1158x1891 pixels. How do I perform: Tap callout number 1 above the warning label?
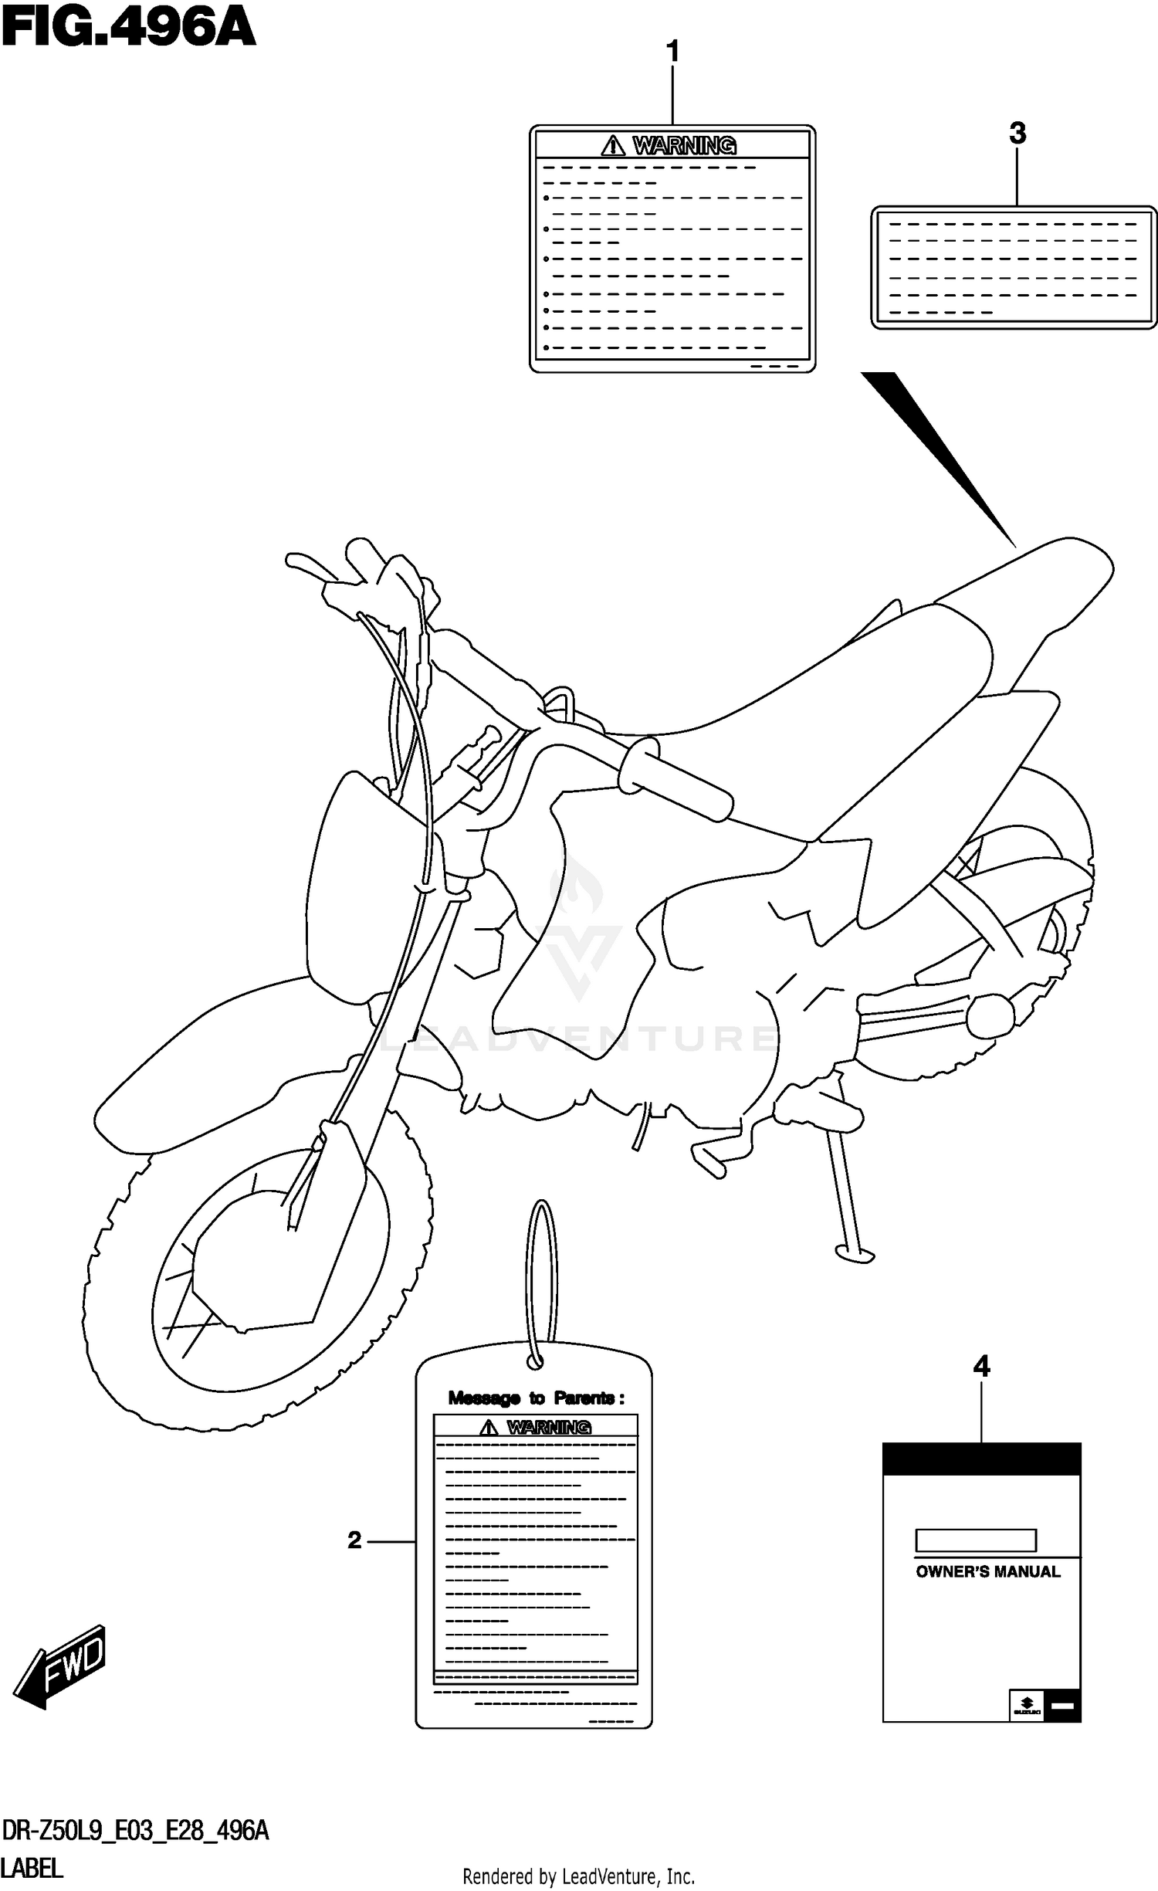pyautogui.click(x=672, y=53)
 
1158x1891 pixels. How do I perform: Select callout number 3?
pyautogui.click(x=1017, y=134)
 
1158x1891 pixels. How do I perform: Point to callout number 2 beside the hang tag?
pyautogui.click(x=354, y=1540)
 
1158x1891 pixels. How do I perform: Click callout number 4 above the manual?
pyautogui.click(x=981, y=1367)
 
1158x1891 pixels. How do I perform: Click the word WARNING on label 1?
pyautogui.click(x=684, y=145)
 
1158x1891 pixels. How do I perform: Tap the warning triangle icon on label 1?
pyautogui.click(x=613, y=145)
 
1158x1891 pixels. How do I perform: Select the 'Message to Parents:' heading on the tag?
pyautogui.click(x=536, y=1398)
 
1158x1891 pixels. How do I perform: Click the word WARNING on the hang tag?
pyautogui.click(x=549, y=1427)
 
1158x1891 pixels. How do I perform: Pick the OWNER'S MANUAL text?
pyautogui.click(x=987, y=1571)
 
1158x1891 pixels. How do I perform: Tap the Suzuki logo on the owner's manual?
pyautogui.click(x=1027, y=1704)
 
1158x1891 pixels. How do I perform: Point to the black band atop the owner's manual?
pyautogui.click(x=981, y=1459)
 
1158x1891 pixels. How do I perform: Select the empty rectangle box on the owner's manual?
pyautogui.click(x=975, y=1540)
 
